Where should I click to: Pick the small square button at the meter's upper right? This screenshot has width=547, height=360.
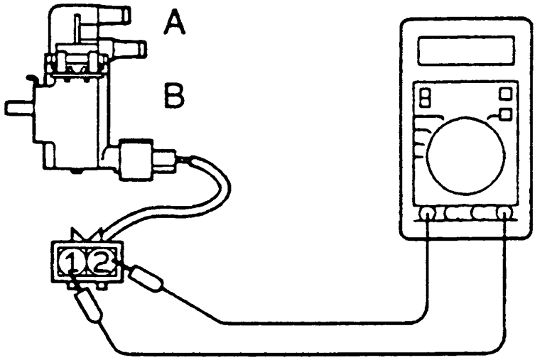(x=507, y=94)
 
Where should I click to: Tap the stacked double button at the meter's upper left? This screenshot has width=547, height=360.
(x=426, y=98)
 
